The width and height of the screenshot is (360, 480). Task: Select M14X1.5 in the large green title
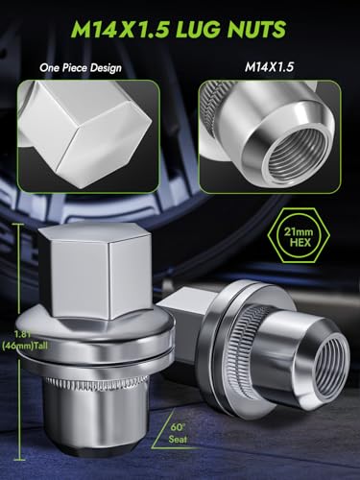(120, 30)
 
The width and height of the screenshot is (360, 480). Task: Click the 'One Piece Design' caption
(81, 68)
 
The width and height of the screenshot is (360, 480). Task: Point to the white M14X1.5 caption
(269, 67)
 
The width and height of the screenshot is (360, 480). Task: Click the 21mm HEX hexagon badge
(299, 237)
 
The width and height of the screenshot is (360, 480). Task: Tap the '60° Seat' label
(178, 434)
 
